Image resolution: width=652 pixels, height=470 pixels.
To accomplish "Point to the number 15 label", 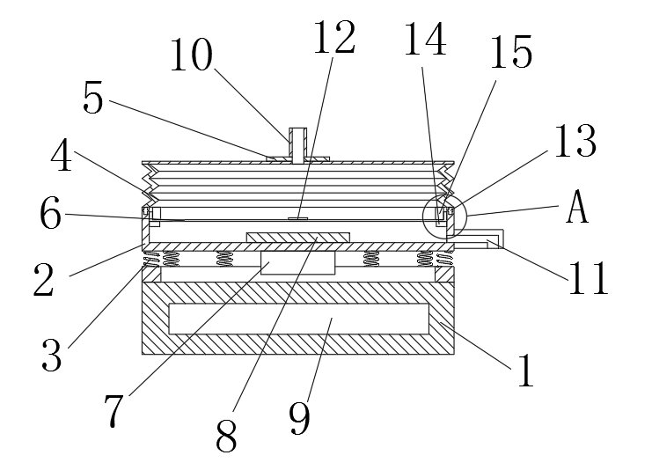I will (511, 54).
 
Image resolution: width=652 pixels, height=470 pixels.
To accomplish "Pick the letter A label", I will (575, 209).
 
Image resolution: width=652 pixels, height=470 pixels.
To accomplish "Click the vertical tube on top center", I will (298, 143).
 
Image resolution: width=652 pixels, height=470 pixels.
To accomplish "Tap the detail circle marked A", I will (443, 214).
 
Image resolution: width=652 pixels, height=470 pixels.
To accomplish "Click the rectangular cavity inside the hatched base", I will (298, 319).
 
